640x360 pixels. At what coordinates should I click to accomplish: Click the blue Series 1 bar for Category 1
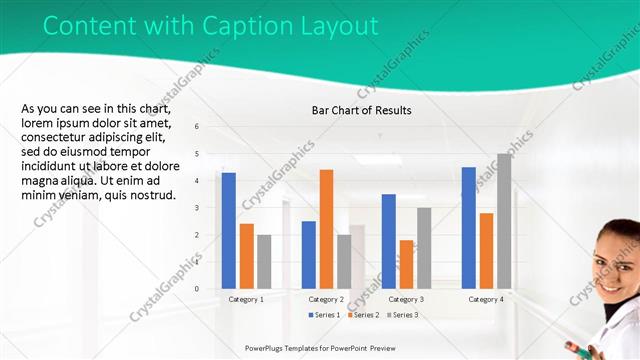[229, 231]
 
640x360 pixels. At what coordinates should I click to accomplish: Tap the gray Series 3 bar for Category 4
[504, 221]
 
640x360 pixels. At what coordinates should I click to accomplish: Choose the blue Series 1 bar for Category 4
[468, 228]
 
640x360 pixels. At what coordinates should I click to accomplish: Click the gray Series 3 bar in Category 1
[264, 262]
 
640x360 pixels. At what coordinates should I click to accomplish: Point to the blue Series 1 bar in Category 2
[309, 255]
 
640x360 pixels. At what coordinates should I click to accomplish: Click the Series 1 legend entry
[326, 315]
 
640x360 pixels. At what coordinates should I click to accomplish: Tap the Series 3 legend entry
[402, 315]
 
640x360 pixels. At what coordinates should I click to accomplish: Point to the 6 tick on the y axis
[197, 127]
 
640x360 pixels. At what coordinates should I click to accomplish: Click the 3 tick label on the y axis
[197, 208]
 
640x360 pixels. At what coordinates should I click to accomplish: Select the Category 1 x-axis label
[246, 299]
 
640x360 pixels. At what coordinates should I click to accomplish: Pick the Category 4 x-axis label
[486, 299]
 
